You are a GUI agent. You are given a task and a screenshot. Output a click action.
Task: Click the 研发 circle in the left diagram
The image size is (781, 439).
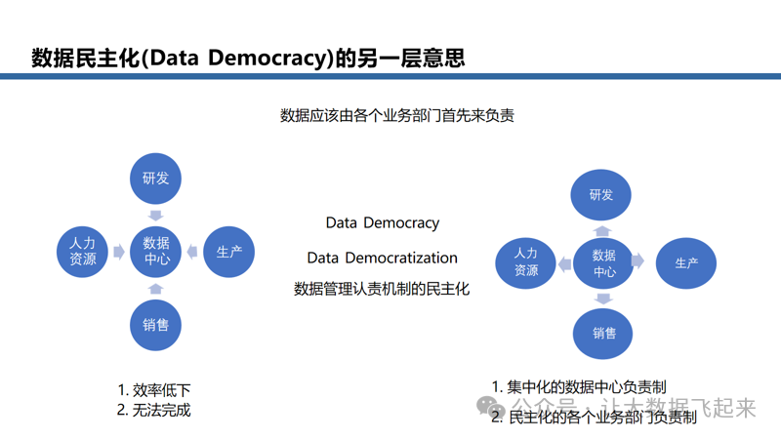(x=155, y=179)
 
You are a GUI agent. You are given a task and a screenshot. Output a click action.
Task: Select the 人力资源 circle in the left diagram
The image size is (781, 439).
(x=82, y=252)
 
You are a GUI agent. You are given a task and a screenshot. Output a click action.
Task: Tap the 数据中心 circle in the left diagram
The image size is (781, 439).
(x=155, y=252)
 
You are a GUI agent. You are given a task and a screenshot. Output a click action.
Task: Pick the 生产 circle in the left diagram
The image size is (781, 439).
(x=229, y=252)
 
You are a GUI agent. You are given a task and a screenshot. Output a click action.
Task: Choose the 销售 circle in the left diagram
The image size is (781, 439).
(x=155, y=325)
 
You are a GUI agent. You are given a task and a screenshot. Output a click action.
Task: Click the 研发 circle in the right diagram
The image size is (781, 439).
(x=600, y=194)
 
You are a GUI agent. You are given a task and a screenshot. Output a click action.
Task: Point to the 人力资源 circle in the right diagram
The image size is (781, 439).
(x=525, y=262)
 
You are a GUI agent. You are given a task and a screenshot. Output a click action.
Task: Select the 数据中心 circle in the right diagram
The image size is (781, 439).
(x=603, y=263)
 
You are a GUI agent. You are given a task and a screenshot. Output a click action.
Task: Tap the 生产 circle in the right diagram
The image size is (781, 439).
(x=686, y=263)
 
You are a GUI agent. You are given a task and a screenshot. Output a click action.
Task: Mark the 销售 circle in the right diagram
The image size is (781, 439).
(x=602, y=334)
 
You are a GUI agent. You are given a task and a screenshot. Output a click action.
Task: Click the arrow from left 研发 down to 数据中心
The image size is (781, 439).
(x=156, y=216)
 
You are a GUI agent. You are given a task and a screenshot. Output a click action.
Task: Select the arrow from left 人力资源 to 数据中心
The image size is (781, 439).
(x=119, y=252)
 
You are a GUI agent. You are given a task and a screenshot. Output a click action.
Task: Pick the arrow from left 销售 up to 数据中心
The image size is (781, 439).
(x=156, y=289)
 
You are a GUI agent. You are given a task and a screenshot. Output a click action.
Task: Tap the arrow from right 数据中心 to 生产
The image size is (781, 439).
(x=638, y=260)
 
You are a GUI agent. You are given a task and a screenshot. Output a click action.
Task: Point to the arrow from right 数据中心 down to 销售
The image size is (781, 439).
(x=603, y=299)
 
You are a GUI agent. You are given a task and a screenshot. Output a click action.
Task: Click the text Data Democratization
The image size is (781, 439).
(x=382, y=258)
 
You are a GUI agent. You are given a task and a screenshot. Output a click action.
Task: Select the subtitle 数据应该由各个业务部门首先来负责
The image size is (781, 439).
(x=397, y=115)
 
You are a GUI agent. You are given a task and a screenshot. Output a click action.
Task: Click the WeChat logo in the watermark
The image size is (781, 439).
(x=491, y=407)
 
